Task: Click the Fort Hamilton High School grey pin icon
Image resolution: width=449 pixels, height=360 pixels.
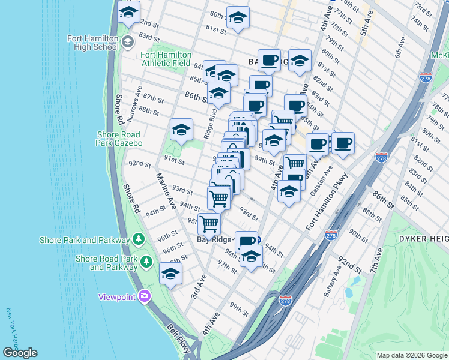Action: coord(127,41)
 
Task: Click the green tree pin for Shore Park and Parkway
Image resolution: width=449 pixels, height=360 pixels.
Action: coord(139,240)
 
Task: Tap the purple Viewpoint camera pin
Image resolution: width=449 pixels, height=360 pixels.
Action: coord(144,296)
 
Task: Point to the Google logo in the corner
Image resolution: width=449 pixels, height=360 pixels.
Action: coord(20,353)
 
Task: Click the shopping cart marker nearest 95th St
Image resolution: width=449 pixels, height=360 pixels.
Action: coord(209,223)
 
